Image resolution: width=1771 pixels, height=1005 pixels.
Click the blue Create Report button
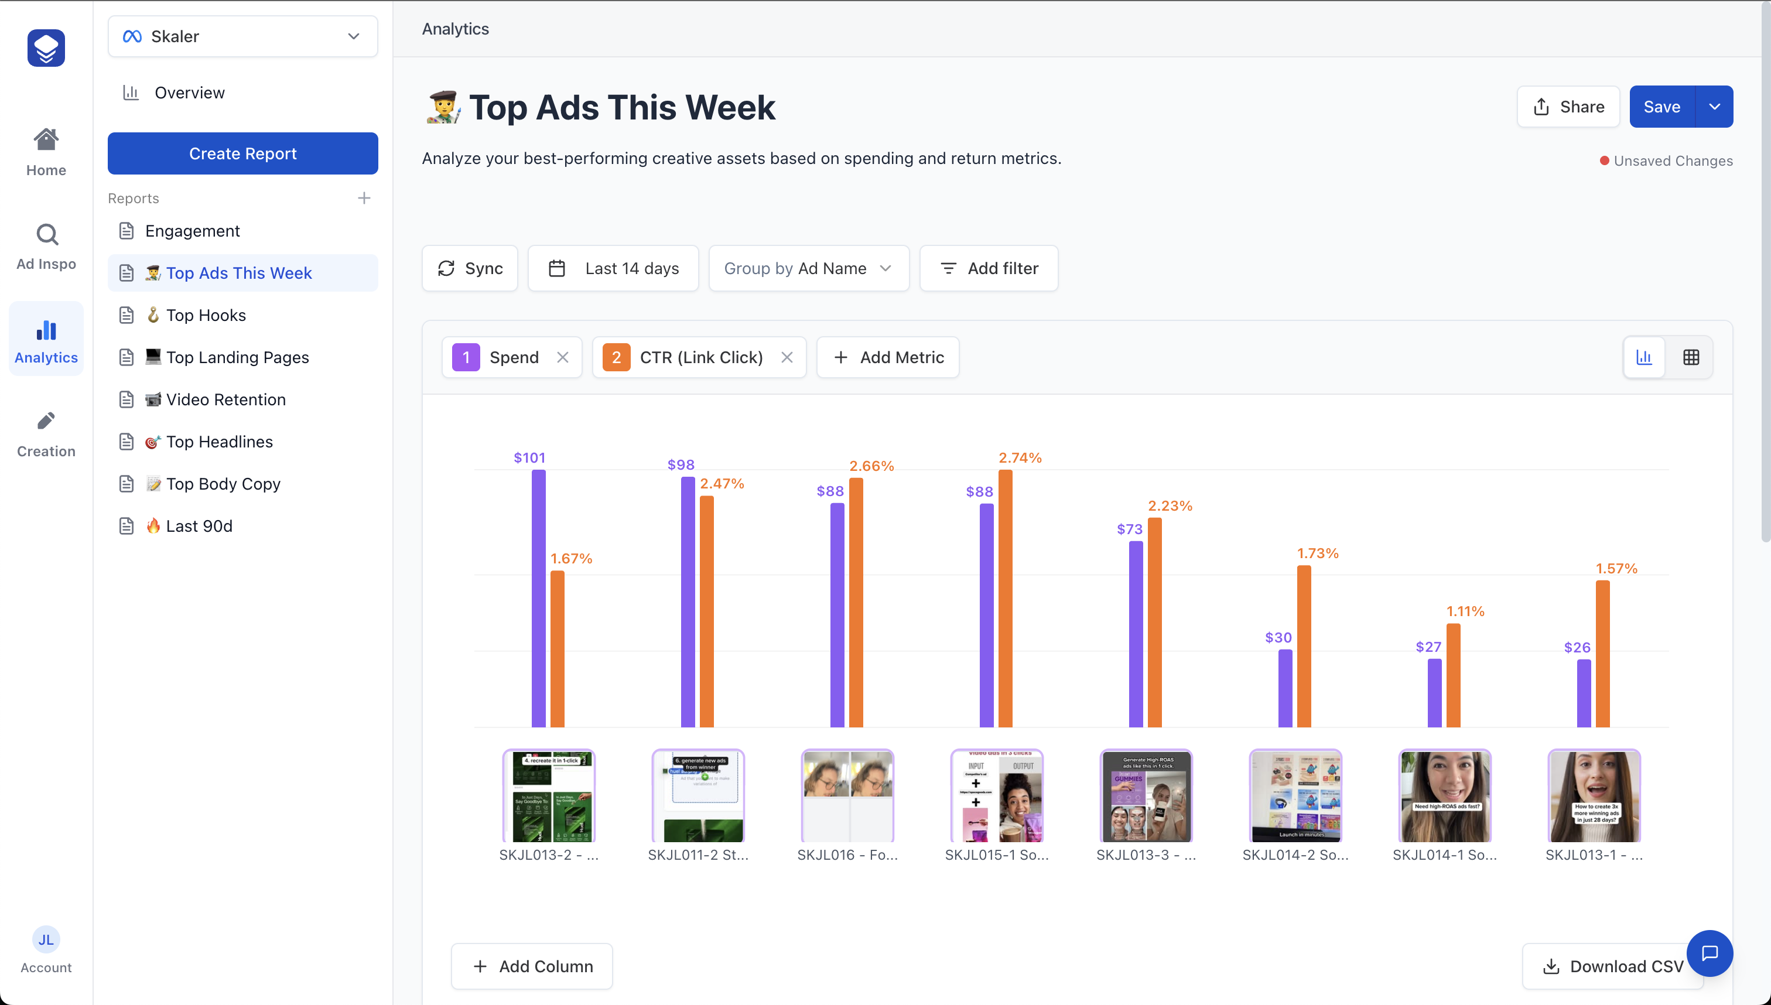(x=242, y=153)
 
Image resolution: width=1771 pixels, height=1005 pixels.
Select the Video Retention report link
(x=225, y=399)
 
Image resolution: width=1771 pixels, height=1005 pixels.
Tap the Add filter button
(x=989, y=268)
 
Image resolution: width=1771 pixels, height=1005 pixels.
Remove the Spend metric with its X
(x=562, y=357)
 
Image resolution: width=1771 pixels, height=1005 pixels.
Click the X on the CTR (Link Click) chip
(x=787, y=357)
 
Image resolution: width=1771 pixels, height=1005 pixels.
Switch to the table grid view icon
(x=1691, y=357)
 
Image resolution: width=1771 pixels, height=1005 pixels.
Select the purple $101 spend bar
(x=538, y=598)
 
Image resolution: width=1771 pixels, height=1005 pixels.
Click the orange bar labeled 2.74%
(x=1005, y=598)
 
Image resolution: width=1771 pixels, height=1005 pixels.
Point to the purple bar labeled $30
(x=1284, y=688)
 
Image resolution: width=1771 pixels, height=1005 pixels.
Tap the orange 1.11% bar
(x=1453, y=675)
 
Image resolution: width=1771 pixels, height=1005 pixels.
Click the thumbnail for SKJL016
(x=847, y=796)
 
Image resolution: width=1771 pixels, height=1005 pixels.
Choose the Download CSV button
(x=1612, y=966)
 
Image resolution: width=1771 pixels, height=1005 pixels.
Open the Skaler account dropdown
(x=242, y=36)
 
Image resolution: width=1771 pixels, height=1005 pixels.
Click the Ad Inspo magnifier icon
(x=46, y=235)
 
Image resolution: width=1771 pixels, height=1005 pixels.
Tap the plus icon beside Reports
(x=364, y=198)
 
